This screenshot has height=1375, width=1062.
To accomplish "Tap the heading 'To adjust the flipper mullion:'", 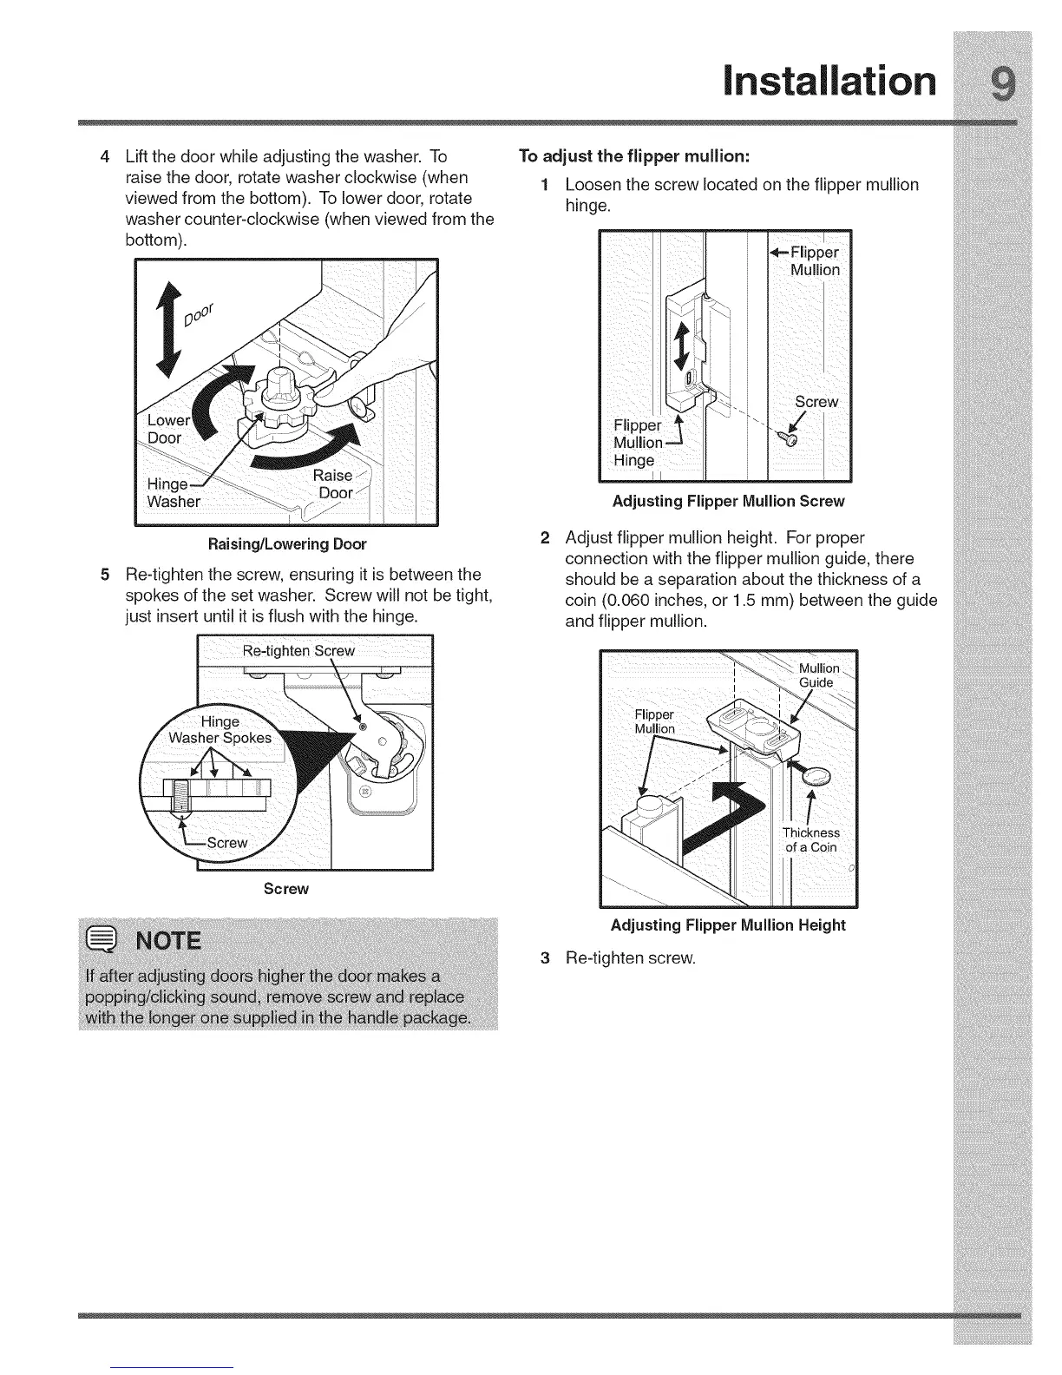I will [x=633, y=156].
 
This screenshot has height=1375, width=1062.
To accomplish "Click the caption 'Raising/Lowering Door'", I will [x=286, y=544].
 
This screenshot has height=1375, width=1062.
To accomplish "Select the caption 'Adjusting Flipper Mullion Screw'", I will [x=728, y=501].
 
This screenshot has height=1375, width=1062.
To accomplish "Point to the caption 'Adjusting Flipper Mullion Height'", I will [x=728, y=924].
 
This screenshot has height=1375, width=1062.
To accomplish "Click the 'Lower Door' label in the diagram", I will [x=167, y=429].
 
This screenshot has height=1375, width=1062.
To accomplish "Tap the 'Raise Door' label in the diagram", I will [x=334, y=484].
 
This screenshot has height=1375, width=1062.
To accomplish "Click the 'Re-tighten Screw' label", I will [x=298, y=650].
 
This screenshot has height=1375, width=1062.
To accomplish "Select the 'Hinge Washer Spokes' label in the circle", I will [x=220, y=730].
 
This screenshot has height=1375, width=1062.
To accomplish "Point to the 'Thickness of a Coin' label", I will [x=811, y=840].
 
